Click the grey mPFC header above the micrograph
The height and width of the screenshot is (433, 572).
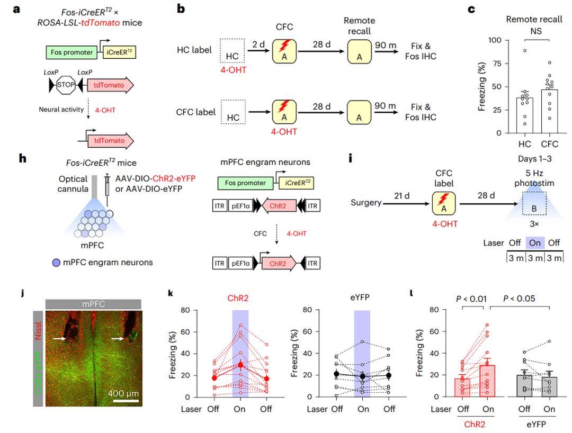(x=93, y=304)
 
